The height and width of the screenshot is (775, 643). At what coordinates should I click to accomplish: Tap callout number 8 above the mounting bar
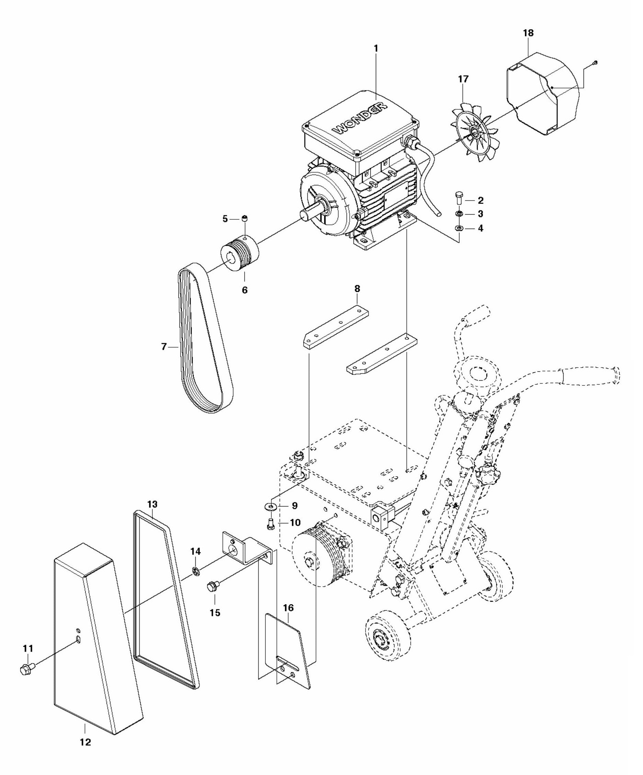[x=357, y=288]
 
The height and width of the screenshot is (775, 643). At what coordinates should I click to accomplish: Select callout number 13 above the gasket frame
[x=152, y=504]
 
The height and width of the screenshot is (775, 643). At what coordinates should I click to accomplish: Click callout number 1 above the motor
[x=376, y=48]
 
